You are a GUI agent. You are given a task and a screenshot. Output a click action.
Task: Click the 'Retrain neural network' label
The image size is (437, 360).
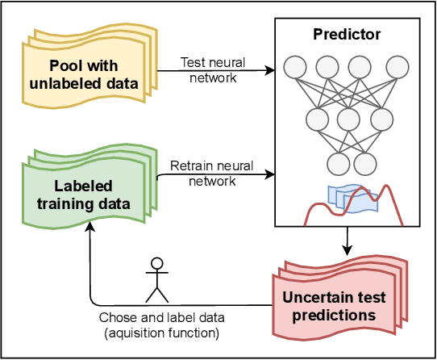click(x=212, y=173)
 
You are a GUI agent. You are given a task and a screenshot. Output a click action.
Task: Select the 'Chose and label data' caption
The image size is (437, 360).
click(x=162, y=319)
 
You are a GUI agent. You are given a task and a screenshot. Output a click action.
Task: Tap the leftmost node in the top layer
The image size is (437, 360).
click(x=297, y=66)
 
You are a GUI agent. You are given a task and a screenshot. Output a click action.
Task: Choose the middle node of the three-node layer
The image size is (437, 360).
click(x=346, y=119)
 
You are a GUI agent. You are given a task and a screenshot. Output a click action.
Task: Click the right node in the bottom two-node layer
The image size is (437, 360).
click(x=364, y=164)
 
